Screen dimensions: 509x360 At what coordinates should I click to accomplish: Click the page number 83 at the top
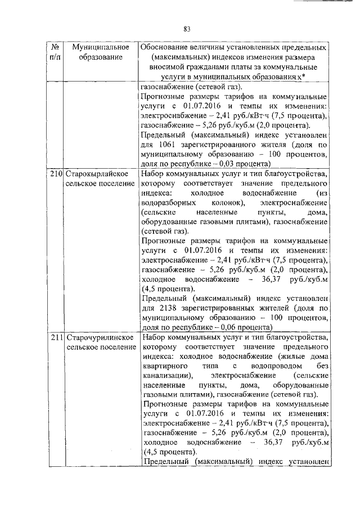(188, 30)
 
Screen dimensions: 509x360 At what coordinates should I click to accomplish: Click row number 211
(56, 337)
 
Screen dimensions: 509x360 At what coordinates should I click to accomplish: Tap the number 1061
(168, 145)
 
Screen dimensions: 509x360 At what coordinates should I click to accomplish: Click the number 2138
(168, 308)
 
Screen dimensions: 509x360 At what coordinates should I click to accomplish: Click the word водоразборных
(168, 202)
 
